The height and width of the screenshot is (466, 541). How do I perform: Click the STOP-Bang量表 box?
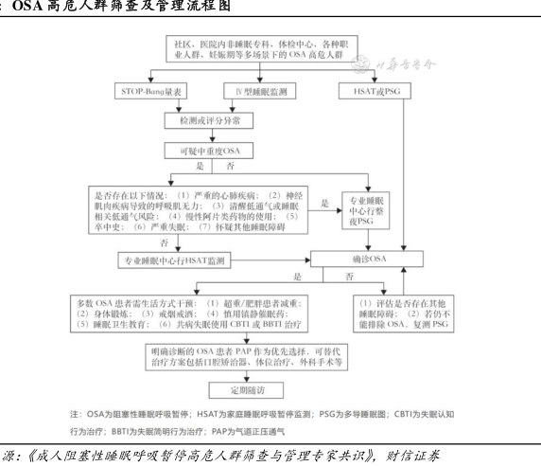(150, 91)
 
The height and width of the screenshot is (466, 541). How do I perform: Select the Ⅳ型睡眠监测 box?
(260, 91)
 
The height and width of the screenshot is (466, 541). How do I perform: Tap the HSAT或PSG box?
(375, 91)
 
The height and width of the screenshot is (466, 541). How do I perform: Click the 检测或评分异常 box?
(209, 120)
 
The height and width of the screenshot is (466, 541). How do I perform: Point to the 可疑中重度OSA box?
(209, 151)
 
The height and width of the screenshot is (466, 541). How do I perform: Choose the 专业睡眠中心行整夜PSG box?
(366, 210)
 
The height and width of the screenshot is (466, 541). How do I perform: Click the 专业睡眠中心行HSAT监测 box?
(174, 260)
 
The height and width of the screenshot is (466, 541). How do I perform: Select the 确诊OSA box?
(367, 259)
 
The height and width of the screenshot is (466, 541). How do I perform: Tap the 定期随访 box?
(246, 390)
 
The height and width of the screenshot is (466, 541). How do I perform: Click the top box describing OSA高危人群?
(262, 48)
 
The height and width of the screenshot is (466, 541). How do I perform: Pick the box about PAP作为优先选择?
(246, 357)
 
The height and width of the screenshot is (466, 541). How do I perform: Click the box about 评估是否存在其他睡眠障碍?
(403, 314)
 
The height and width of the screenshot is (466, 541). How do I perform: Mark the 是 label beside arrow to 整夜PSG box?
(325, 203)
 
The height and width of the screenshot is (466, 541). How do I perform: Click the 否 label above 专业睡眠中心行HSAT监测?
(165, 242)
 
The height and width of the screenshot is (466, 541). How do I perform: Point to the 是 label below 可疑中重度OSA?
(201, 166)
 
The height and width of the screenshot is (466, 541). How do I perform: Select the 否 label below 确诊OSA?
(349, 277)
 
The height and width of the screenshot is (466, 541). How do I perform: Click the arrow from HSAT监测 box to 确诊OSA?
(270, 260)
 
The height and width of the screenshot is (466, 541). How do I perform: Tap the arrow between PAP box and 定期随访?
(246, 377)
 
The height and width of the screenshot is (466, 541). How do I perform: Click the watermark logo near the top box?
(360, 63)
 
